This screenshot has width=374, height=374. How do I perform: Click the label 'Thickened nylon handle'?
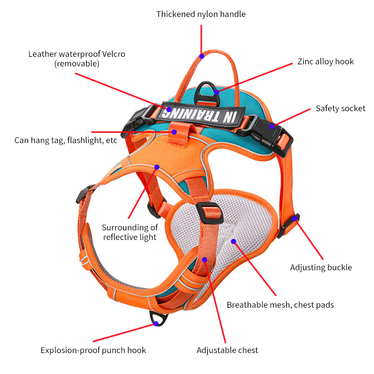coord(201,14)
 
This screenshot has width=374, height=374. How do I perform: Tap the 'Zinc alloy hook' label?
coord(325,62)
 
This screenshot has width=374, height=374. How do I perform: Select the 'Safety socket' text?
coord(340,108)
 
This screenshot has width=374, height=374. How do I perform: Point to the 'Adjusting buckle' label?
coord(321,267)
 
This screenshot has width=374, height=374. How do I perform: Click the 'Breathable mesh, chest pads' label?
coord(280,305)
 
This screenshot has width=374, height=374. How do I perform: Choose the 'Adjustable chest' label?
coord(227,350)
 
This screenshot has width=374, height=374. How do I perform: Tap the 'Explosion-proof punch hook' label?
coord(93,350)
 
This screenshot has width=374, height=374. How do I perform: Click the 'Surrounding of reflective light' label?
coord(130,232)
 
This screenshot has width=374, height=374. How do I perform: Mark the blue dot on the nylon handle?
coord(201,56)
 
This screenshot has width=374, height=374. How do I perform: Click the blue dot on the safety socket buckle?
coord(272,126)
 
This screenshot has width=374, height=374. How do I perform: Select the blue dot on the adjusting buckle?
coord(295,218)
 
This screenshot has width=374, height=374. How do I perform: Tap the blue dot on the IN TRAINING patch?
coord(169,109)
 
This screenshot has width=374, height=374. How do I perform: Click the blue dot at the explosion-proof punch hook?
coord(156,324)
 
